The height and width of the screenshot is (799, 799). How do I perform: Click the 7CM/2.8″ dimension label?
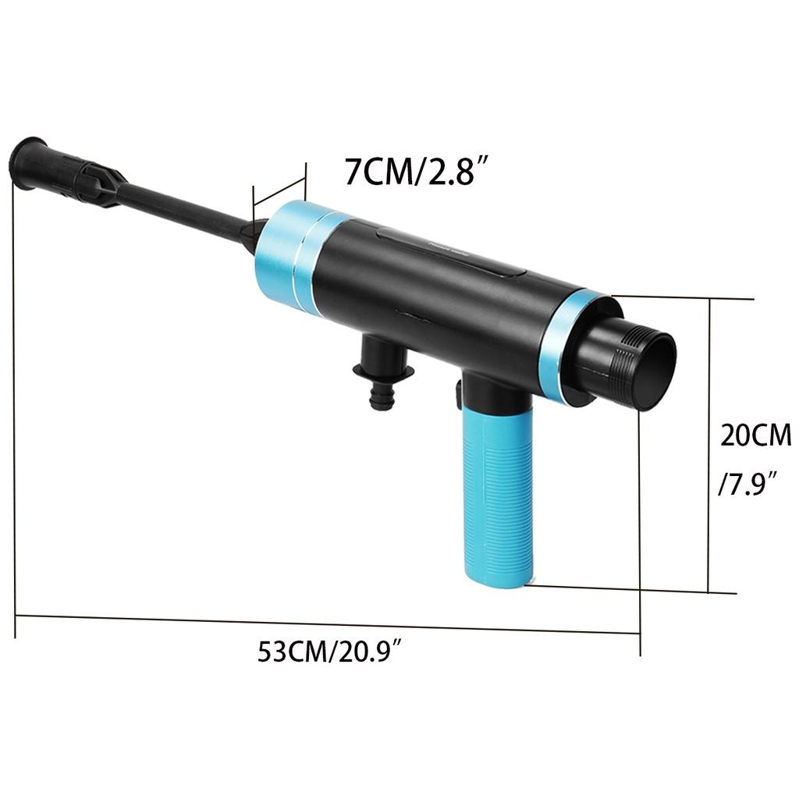pos(422,171)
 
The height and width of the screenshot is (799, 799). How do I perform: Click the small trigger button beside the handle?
pos(456,395)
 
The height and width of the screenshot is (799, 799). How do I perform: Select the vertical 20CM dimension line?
pos(709,445)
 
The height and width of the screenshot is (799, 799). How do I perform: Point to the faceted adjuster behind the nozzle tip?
pos(98,179)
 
